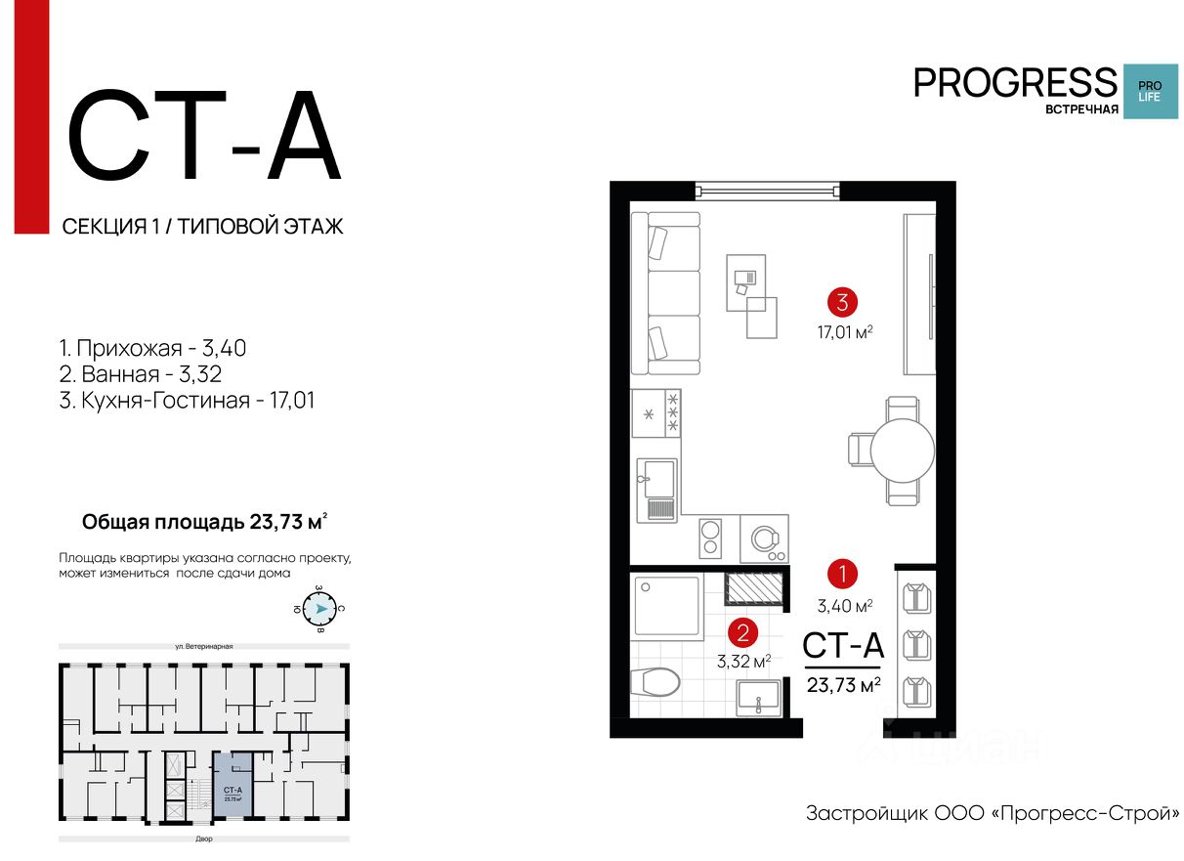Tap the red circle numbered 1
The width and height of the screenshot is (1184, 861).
point(842,573)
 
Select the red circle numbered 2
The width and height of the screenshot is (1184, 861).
point(743,632)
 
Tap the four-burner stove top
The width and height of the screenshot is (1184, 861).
point(655,412)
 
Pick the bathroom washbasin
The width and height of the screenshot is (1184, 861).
point(757,698)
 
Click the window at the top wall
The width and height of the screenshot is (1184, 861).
point(767,191)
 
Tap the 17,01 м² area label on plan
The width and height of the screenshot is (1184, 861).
point(845,331)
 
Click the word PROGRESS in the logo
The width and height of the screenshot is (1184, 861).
point(1014,83)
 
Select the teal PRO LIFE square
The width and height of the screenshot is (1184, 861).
point(1150,91)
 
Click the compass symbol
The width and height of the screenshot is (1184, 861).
point(317,610)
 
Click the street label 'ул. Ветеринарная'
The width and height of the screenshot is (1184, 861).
point(204,646)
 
